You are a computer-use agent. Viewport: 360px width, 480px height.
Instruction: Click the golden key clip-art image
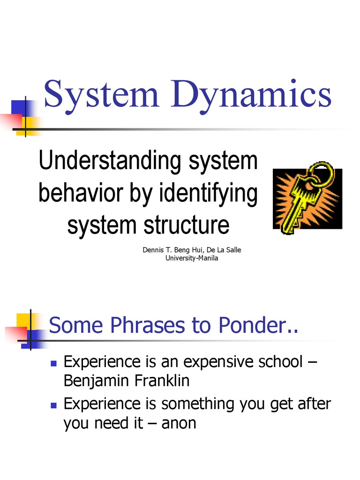click(x=307, y=199)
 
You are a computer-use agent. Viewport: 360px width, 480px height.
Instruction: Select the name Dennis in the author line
click(x=153, y=250)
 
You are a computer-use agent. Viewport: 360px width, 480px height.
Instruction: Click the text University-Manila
click(x=192, y=258)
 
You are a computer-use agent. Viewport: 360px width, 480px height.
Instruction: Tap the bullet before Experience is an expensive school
click(x=53, y=363)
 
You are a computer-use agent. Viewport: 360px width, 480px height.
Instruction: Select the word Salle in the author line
click(x=232, y=250)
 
